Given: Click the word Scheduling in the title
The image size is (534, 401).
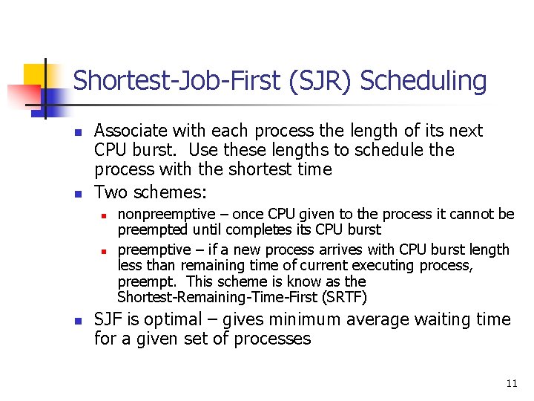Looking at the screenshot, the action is [x=423, y=82].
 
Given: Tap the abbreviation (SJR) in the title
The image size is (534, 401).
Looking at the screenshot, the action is [x=320, y=81].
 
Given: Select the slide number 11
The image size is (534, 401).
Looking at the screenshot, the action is [x=512, y=384].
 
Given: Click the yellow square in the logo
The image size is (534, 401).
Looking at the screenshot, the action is [x=34, y=75].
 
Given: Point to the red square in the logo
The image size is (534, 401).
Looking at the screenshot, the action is [x=24, y=97].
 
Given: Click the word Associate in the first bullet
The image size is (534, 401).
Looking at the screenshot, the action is [x=131, y=131].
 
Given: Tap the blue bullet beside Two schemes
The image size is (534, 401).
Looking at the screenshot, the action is [x=79, y=194].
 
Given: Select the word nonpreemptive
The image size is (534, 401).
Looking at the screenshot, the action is [x=167, y=215].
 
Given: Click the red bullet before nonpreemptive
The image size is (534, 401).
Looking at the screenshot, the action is [x=104, y=216].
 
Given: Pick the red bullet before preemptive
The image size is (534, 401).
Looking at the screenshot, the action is [x=104, y=252].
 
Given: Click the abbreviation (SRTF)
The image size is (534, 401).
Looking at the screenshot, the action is [x=344, y=297].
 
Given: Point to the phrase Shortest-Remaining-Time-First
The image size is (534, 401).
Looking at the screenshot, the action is [x=217, y=297].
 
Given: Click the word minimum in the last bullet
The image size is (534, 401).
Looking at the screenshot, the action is [x=305, y=320].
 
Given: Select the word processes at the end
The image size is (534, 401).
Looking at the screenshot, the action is [x=272, y=339].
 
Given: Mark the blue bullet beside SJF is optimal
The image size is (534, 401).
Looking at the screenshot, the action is [x=79, y=321].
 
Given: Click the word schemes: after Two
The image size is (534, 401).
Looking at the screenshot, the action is [x=170, y=192].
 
